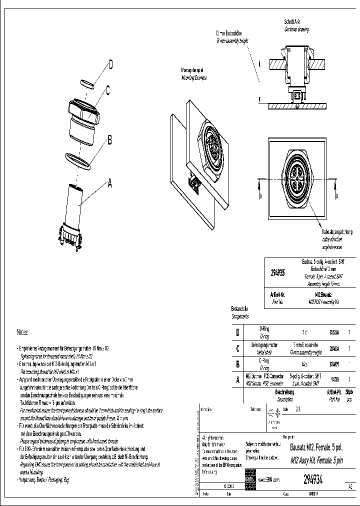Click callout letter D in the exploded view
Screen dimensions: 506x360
coord(110,64)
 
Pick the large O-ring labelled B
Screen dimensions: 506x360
coord(79,160)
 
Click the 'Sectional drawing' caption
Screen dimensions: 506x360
coord(297,29)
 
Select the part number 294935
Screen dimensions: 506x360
coord(278,273)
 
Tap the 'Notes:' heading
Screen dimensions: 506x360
coord(23,332)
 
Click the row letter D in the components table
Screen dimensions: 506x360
coord(237,332)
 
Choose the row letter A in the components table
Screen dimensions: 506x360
coord(237,380)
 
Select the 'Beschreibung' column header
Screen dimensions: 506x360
coord(284,393)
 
